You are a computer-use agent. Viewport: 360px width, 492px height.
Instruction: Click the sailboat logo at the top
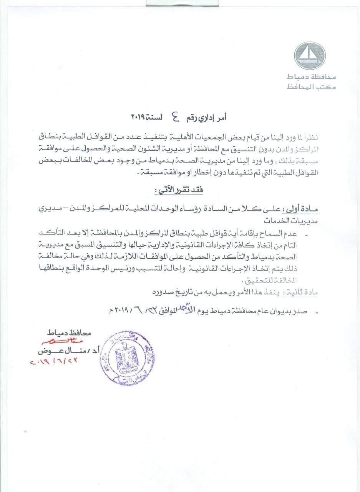point(310,56)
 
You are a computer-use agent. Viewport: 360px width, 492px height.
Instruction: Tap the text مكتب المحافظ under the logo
point(312,88)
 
